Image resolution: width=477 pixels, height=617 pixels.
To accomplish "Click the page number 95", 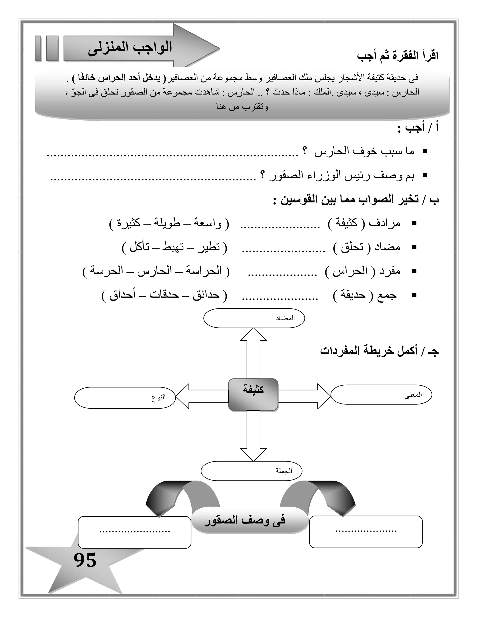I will tap(85, 560).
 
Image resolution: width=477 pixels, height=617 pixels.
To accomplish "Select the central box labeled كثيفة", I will tap(253, 394).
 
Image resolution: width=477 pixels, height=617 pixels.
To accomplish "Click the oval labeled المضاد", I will tap(254, 318).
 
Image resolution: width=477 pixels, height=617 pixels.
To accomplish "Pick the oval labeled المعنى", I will tap(381, 394).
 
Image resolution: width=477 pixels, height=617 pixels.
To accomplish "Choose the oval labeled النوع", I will tap(125, 397).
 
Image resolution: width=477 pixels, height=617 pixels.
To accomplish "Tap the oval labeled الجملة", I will tap(252, 471).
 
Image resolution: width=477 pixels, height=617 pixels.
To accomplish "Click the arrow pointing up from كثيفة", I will tap(253, 353).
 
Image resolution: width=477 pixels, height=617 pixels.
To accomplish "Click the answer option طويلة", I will tap(167, 223).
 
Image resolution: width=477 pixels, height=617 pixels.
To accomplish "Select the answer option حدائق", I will tap(206, 295).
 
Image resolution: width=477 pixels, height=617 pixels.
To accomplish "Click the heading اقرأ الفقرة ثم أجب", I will tap(397, 56).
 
